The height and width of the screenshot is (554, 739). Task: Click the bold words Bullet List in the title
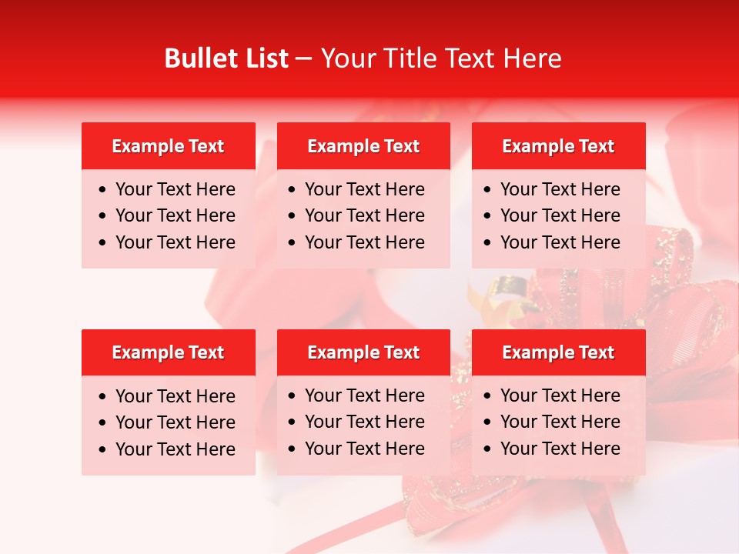pyautogui.click(x=226, y=58)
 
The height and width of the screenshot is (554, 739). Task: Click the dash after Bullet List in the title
pyautogui.click(x=304, y=58)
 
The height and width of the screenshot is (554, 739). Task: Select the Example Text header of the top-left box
pyautogui.click(x=168, y=146)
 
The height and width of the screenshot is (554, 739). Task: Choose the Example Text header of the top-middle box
pyautogui.click(x=363, y=146)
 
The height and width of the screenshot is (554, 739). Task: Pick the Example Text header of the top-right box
pyautogui.click(x=558, y=146)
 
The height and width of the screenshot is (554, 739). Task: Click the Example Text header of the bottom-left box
pyautogui.click(x=168, y=352)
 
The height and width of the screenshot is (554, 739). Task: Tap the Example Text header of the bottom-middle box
pyautogui.click(x=363, y=352)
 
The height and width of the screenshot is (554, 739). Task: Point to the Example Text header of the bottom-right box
pyautogui.click(x=558, y=352)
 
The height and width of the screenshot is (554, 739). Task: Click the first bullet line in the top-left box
pyautogui.click(x=176, y=189)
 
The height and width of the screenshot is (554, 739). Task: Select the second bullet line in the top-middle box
pyautogui.click(x=365, y=215)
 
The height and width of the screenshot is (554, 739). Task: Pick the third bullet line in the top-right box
pyautogui.click(x=560, y=242)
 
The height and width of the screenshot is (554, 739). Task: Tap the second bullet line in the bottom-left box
pyautogui.click(x=176, y=422)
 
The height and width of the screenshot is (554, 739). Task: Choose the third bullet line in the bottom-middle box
pyautogui.click(x=365, y=449)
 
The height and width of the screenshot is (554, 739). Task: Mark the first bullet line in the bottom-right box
pyautogui.click(x=560, y=395)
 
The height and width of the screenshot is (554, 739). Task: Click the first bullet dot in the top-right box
pyautogui.click(x=487, y=190)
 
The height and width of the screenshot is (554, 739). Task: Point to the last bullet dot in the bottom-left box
pyautogui.click(x=102, y=450)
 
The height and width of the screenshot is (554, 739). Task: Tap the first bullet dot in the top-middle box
pyautogui.click(x=292, y=190)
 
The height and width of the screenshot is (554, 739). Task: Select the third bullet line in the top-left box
pyautogui.click(x=176, y=242)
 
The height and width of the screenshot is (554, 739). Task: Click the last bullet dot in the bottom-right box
pyautogui.click(x=487, y=449)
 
